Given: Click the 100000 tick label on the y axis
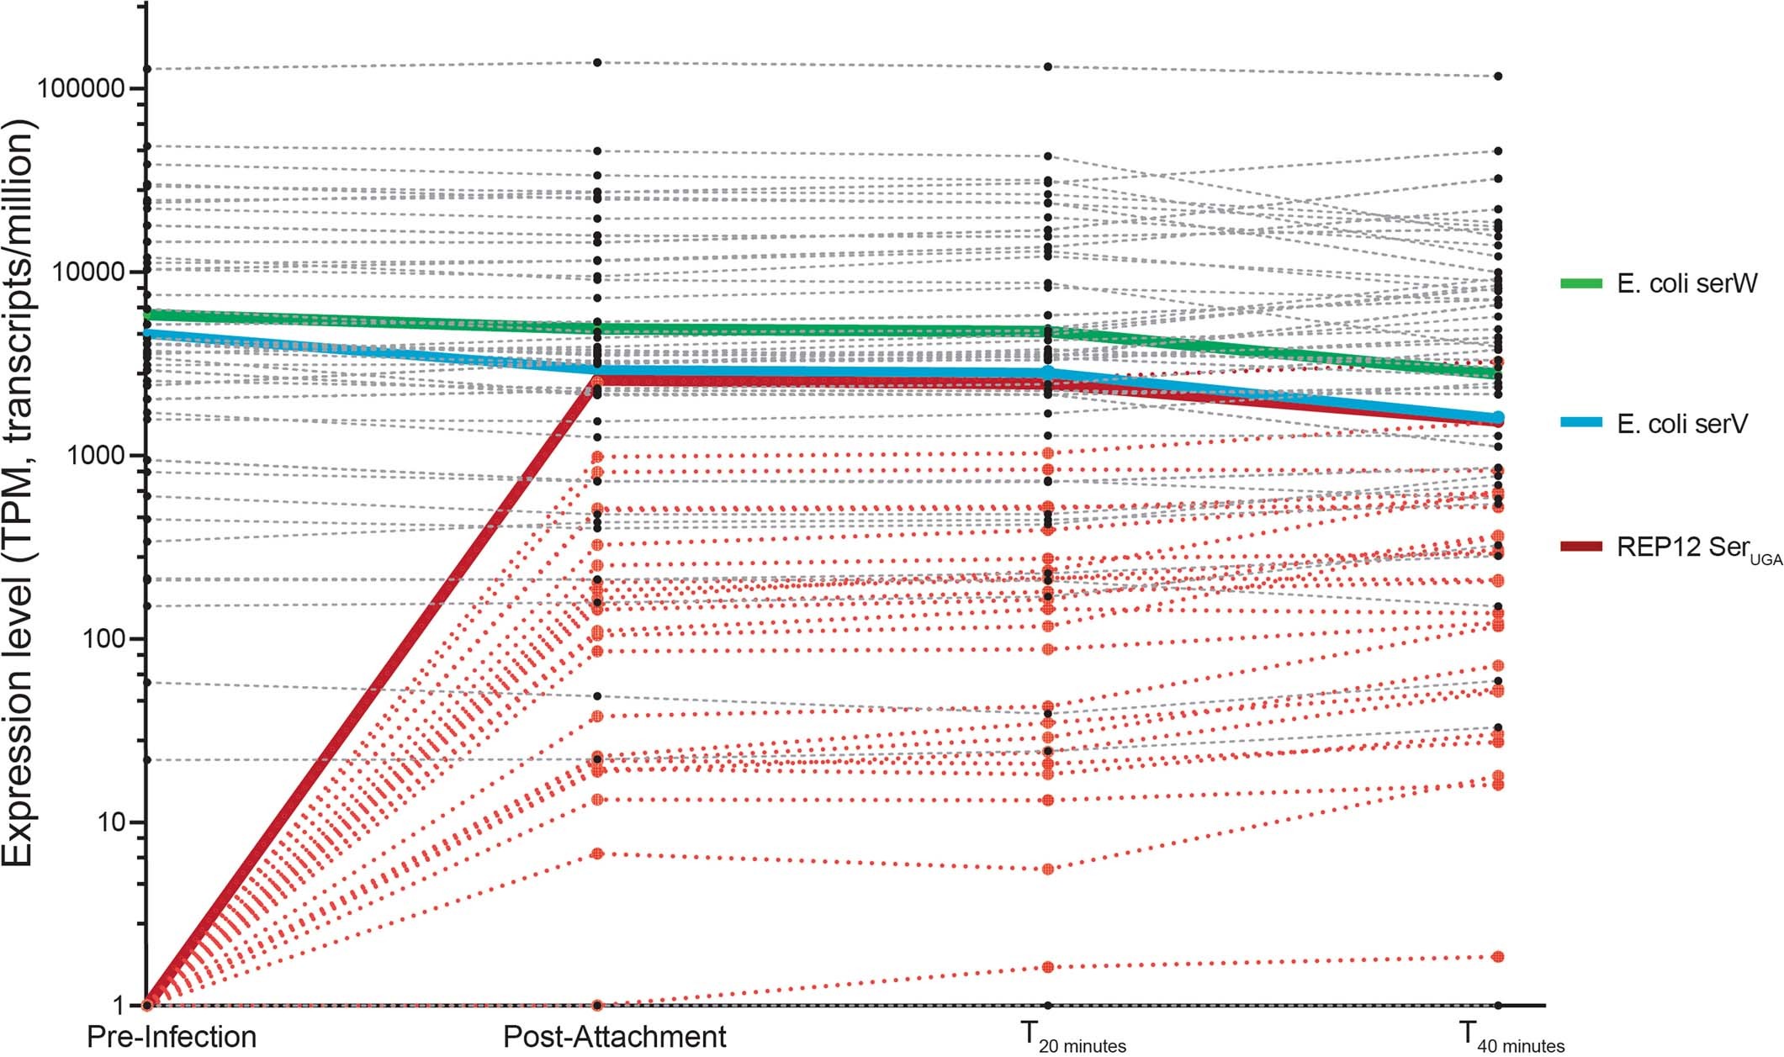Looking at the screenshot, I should tap(78, 89).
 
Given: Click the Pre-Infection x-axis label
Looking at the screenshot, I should tap(172, 1037).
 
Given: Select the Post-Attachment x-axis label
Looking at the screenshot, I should tap(614, 1037).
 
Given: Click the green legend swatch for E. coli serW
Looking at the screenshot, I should tap(1581, 283).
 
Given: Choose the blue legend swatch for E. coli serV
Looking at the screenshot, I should tap(1581, 423).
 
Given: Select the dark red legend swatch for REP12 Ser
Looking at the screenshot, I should tap(1581, 547).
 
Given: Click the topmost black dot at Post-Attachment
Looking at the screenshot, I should tap(597, 62).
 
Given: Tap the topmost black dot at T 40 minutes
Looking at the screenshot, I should tap(1498, 77).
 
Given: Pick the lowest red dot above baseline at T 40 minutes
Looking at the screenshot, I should tap(1498, 957).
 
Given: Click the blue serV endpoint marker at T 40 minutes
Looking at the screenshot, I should tap(1498, 418).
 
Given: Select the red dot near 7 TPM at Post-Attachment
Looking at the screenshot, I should tap(597, 854).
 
